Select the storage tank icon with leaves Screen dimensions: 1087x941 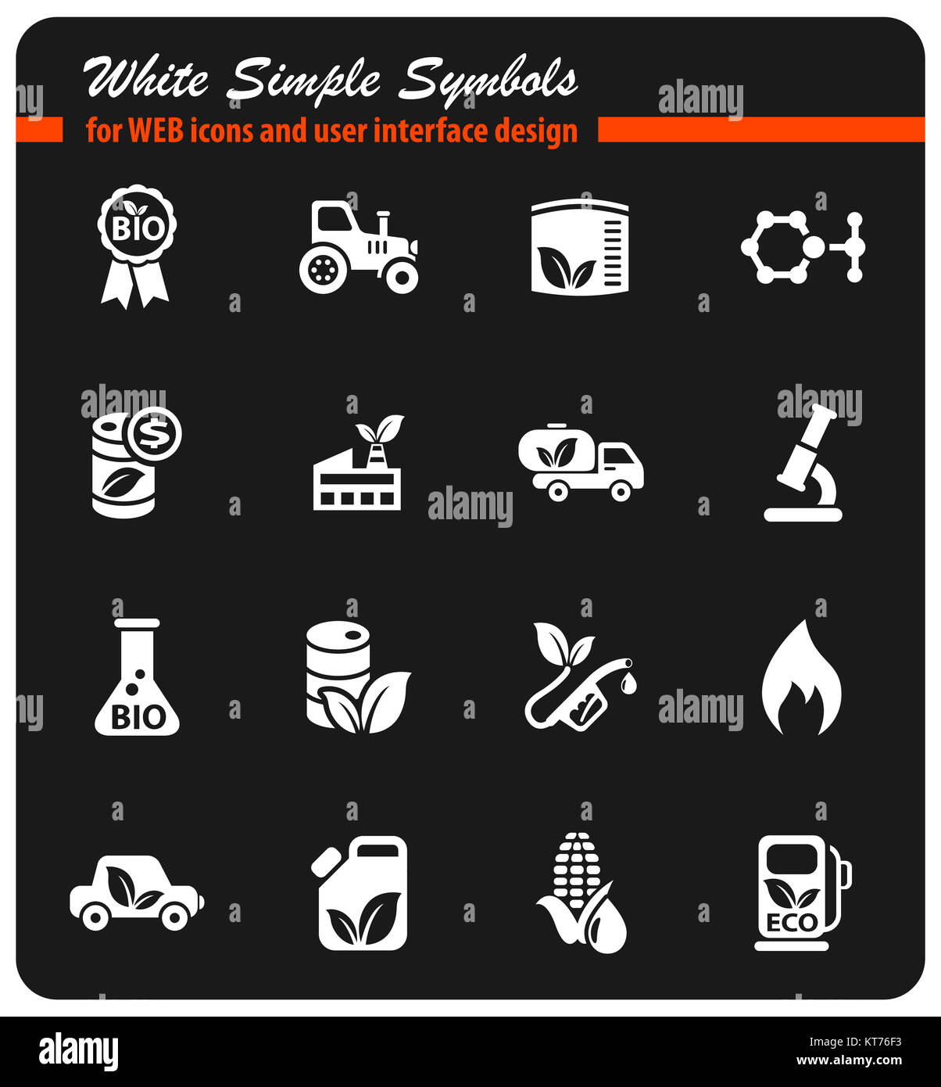point(579,246)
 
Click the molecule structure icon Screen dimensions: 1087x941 point(803,247)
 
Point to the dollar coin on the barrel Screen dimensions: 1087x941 point(155,432)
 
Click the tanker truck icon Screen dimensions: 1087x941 point(581,462)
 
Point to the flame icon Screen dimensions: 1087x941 point(802,679)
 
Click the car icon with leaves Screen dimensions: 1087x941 point(136,893)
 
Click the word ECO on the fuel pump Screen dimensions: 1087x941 point(792,923)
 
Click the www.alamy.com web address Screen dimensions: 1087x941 point(849,1061)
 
